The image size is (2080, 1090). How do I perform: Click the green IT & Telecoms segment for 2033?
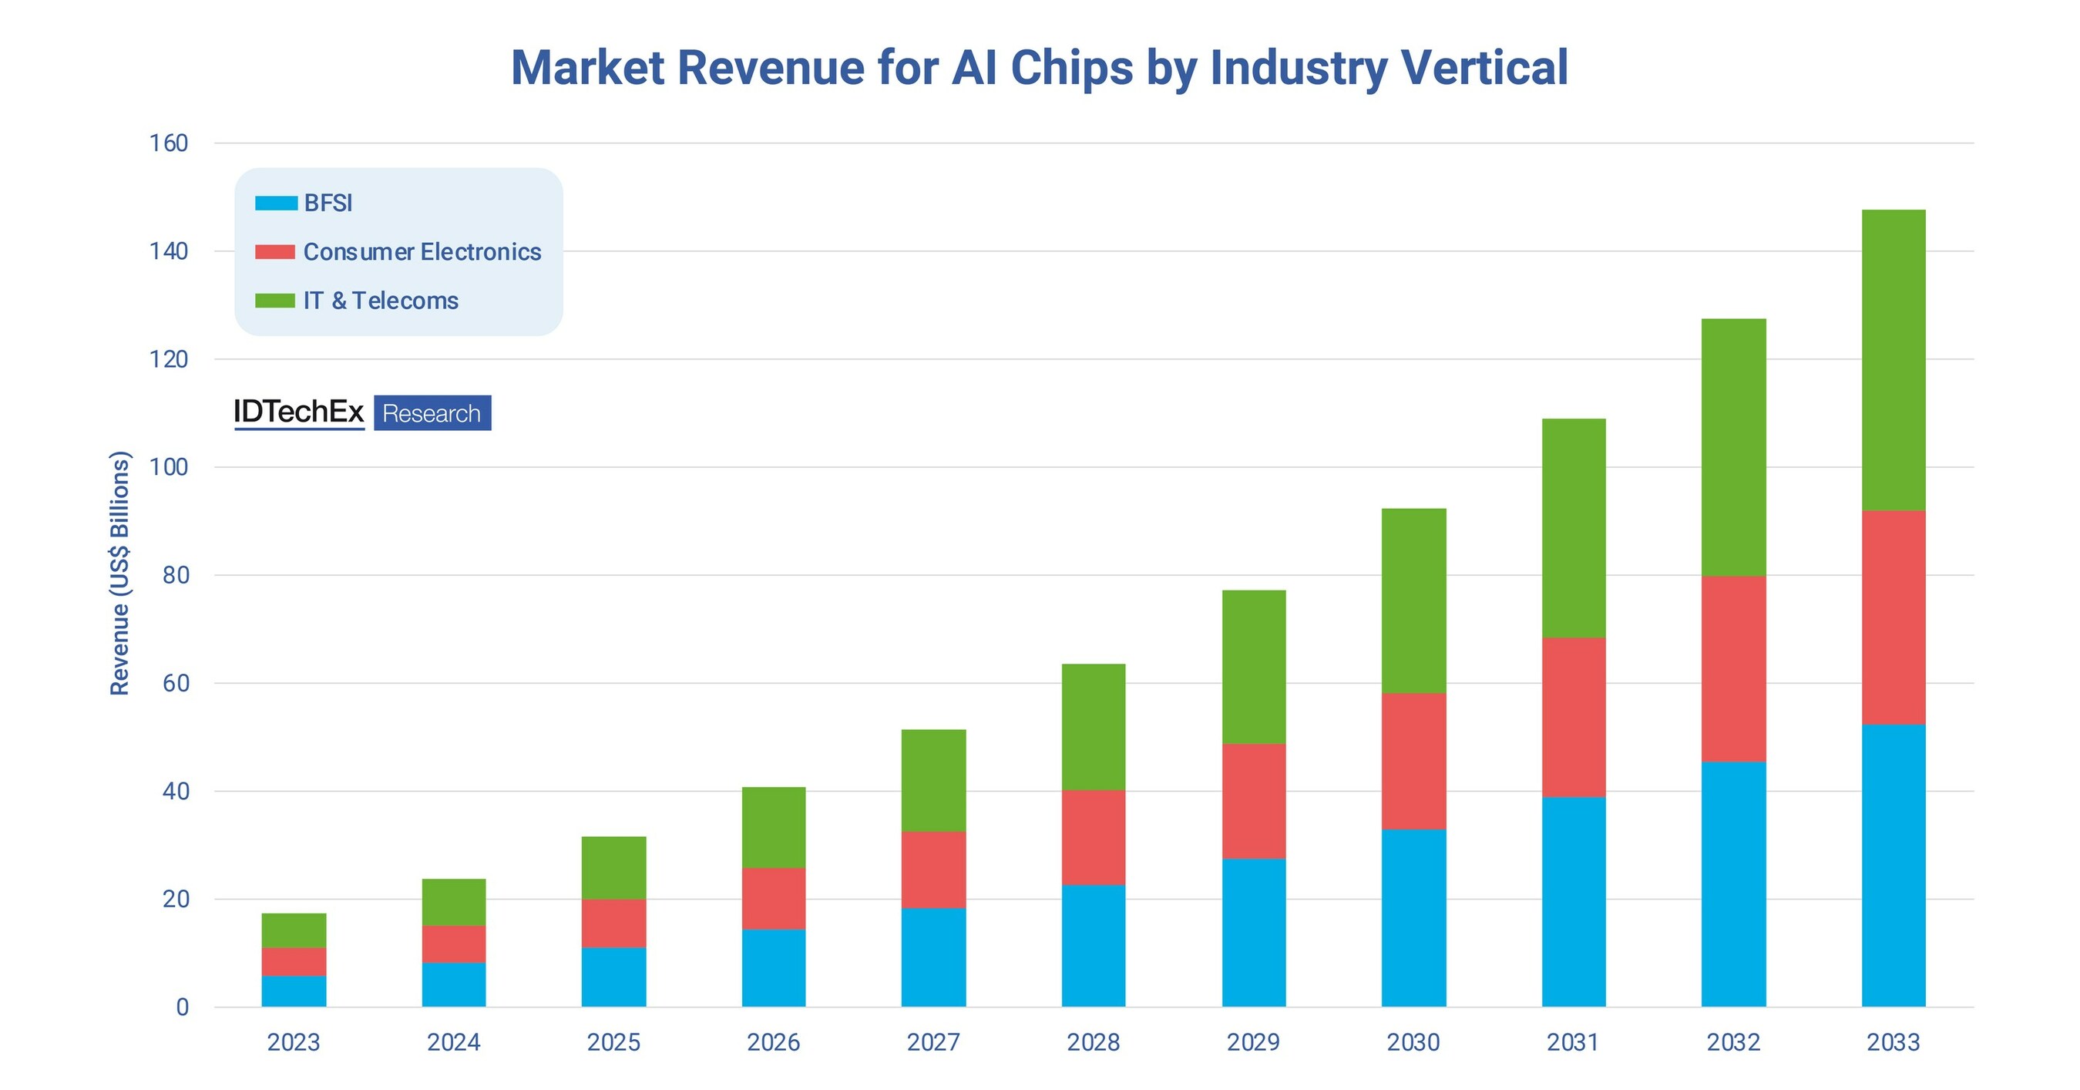pos(1893,360)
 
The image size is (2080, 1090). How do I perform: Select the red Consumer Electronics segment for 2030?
pos(1413,761)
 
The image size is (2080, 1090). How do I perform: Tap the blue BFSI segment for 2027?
pos(933,957)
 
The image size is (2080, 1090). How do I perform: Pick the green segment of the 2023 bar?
pos(294,930)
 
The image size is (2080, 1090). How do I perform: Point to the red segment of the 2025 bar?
pos(613,923)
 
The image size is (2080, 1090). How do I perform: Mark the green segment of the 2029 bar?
pos(1253,667)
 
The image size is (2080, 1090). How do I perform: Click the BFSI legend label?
pos(328,204)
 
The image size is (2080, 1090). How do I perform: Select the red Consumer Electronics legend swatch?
pos(274,252)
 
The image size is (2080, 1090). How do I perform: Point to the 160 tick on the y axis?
pos(169,143)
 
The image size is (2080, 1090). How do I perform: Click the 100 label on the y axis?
pos(169,466)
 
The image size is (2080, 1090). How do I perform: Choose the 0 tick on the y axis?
pos(183,1007)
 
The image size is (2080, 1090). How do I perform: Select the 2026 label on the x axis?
pos(773,1042)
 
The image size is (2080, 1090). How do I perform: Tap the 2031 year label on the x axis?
pos(1573,1042)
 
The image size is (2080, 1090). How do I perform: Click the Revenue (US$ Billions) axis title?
pos(119,574)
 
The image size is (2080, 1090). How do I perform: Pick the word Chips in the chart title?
pos(1071,68)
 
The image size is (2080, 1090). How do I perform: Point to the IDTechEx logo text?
pos(299,412)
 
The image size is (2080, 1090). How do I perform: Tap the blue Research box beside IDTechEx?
pos(432,413)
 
